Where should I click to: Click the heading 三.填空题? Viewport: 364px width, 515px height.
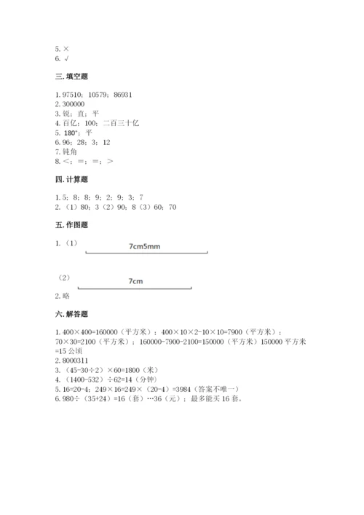click(71, 76)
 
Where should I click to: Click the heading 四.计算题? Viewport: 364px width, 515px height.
click(71, 178)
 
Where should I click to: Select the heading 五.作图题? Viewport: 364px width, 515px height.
click(71, 225)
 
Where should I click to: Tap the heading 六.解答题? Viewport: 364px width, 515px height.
click(71, 314)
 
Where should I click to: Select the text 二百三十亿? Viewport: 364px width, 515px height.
click(121, 123)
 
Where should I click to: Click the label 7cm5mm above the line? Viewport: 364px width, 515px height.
click(143, 246)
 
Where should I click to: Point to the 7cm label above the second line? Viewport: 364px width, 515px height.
click(135, 280)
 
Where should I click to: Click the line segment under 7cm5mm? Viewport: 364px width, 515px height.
click(146, 253)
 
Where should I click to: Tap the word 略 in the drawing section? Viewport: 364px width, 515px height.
click(67, 296)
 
